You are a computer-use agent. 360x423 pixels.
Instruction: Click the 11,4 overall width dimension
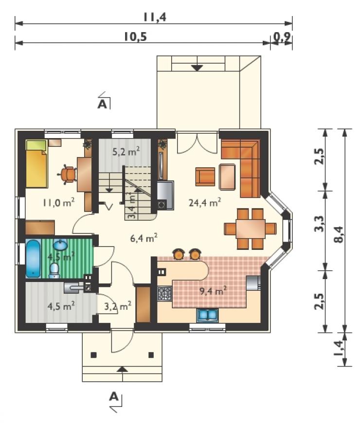[154, 17]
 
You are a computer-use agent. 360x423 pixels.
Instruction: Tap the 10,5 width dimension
[135, 36]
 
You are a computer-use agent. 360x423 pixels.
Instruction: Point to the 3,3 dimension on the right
[320, 224]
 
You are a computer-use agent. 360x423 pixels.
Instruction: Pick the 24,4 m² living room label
[205, 202]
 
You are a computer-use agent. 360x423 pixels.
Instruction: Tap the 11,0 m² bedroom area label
[58, 202]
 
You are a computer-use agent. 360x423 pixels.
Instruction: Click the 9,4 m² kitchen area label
[213, 291]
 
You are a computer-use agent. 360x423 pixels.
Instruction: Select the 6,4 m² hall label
[144, 238]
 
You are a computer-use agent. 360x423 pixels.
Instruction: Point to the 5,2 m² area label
[126, 152]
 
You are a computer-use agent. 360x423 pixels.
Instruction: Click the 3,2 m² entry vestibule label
[118, 306]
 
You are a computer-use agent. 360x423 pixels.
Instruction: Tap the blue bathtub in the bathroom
[33, 258]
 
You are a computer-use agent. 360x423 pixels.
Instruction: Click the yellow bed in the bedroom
[36, 164]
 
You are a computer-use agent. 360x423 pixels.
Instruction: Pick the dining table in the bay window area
[251, 229]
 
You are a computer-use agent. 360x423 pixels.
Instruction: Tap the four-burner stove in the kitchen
[164, 294]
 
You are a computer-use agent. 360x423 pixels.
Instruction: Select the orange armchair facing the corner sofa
[205, 176]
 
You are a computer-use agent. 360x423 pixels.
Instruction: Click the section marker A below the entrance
[114, 397]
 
